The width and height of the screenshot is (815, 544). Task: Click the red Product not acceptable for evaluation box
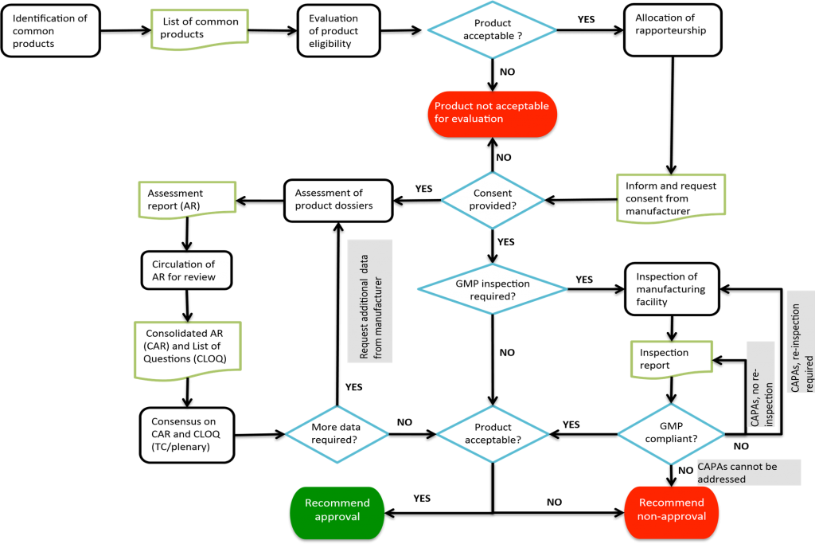(492, 113)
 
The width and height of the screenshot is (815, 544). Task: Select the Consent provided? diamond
(493, 199)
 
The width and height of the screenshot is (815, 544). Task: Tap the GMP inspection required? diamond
(492, 289)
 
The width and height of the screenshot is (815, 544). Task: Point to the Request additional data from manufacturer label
(370, 301)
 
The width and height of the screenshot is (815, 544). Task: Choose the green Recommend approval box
(337, 510)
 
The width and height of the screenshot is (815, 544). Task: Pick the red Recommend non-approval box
(672, 510)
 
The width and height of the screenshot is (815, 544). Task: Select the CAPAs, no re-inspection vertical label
(761, 384)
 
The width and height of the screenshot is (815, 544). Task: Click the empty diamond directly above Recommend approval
(337, 434)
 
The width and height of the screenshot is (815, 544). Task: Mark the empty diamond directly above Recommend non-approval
(671, 434)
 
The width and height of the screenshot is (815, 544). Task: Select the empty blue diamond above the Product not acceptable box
(492, 29)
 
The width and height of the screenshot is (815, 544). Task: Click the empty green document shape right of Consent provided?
(671, 198)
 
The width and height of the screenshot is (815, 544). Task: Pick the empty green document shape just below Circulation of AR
(188, 350)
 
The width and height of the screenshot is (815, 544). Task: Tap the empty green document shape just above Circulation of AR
(187, 199)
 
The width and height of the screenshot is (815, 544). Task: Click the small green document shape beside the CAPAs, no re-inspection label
(672, 358)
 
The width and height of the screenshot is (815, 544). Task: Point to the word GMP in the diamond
(466, 284)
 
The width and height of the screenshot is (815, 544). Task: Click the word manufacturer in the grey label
(378, 318)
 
